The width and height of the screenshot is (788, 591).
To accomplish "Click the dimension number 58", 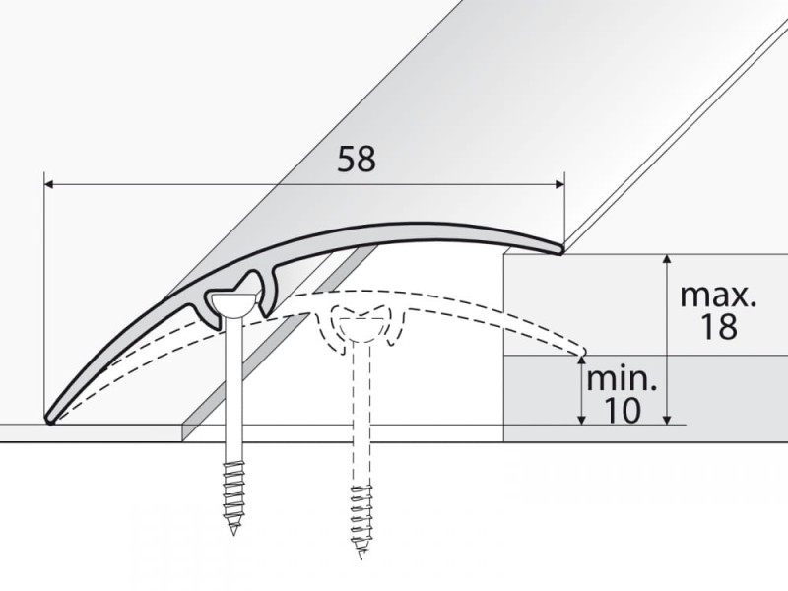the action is pos(357,159).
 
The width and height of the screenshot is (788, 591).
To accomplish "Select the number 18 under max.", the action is pos(718,326).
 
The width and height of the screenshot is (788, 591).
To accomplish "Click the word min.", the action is pos(622,379).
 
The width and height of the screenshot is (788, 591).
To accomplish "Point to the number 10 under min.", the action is pos(623,410).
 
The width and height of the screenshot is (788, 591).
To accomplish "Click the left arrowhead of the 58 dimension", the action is pos(48,185).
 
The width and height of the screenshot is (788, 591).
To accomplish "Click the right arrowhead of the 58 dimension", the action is pos(559,185).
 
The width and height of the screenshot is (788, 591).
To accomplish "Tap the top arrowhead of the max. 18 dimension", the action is pos(667,259).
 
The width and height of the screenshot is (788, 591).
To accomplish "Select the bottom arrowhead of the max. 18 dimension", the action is pos(667,420).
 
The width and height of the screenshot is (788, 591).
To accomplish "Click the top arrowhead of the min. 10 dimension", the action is pos(581,361).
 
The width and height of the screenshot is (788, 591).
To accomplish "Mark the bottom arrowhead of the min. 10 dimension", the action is pos(581,420).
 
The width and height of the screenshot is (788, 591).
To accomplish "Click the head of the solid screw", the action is pos(230,304).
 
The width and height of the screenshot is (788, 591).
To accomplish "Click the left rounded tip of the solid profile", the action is pos(50,419).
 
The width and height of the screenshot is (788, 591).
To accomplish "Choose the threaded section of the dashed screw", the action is pos(361,518).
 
